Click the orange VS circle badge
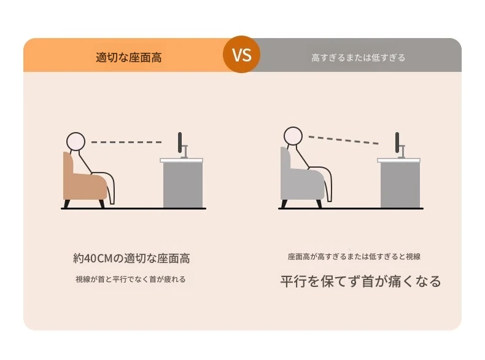(x=241, y=55)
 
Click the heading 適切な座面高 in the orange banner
(x=129, y=58)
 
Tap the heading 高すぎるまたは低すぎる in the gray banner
(x=358, y=58)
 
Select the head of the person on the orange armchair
(x=76, y=141)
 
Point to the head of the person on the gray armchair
(x=293, y=136)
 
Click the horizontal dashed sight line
(x=126, y=142)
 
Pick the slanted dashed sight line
(x=343, y=140)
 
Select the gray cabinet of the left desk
(x=183, y=185)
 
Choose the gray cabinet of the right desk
(x=400, y=185)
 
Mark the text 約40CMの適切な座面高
(x=131, y=258)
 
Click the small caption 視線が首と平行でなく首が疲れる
(x=131, y=279)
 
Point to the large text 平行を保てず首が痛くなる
(x=360, y=281)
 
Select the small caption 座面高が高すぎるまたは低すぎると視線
(x=354, y=257)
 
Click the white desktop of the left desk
(x=182, y=160)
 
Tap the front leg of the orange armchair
(x=101, y=204)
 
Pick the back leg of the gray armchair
(x=284, y=204)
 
